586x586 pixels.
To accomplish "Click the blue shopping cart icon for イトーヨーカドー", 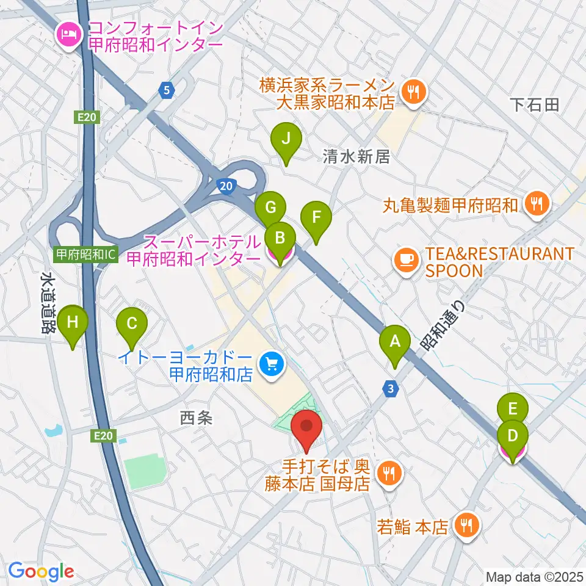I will pos(270,365).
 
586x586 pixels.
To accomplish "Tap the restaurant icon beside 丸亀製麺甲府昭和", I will pos(537,204).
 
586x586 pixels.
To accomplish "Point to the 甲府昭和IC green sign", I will pos(85,255).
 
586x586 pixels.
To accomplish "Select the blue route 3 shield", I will pos(390,388).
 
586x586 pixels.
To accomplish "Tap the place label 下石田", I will pos(535,104).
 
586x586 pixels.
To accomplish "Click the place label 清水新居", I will pos(356,157).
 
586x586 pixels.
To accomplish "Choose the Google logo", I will pos(41,571).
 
